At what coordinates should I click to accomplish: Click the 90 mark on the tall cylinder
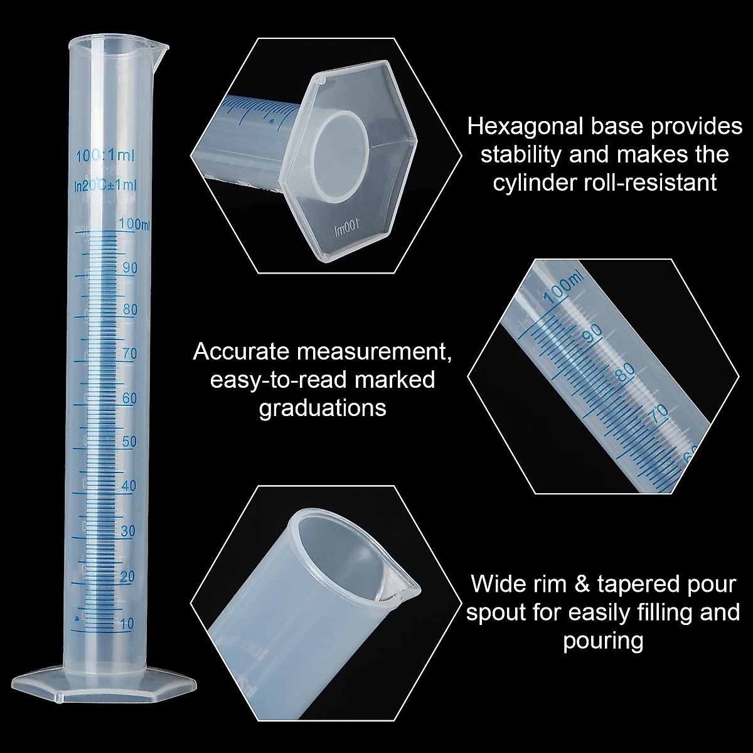[x=130, y=267]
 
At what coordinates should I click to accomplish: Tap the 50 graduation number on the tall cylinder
[x=129, y=442]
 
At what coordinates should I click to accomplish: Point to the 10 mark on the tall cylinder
[x=127, y=623]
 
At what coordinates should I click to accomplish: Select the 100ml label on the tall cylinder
[x=134, y=223]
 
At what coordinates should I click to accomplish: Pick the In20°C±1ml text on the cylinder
[x=105, y=185]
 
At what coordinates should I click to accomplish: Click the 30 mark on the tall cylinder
[x=128, y=531]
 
